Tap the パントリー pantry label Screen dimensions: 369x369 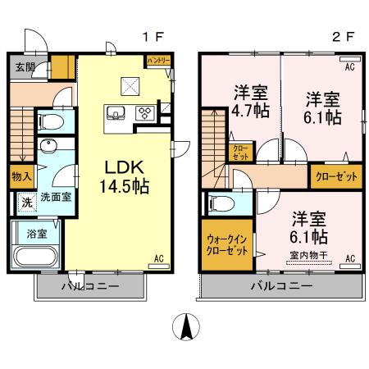(x=157, y=61)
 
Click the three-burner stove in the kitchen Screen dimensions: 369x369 (x=144, y=113)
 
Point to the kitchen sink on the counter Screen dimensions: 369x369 (x=115, y=113)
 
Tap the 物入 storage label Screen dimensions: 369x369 (x=22, y=175)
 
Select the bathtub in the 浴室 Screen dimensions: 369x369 (x=34, y=255)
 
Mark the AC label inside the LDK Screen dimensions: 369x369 (x=160, y=258)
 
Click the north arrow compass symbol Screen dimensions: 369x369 (x=186, y=329)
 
